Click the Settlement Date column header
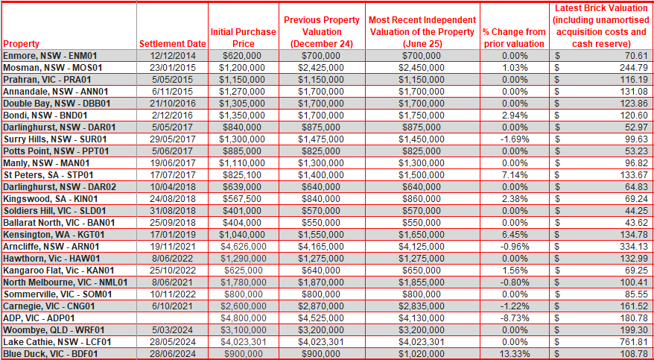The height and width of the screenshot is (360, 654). point(173,43)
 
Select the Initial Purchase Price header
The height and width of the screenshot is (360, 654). point(244,37)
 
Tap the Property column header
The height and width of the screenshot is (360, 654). point(21,43)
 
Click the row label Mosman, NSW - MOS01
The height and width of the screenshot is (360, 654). point(53,67)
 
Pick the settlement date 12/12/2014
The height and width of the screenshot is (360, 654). point(173,55)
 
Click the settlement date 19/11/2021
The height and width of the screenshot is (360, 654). point(173,246)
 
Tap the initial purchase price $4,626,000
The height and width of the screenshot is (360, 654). point(244,246)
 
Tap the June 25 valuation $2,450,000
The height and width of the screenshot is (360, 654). point(422,67)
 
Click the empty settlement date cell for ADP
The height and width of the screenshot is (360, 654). point(173,318)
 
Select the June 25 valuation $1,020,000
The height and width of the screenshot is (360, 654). point(422,354)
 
